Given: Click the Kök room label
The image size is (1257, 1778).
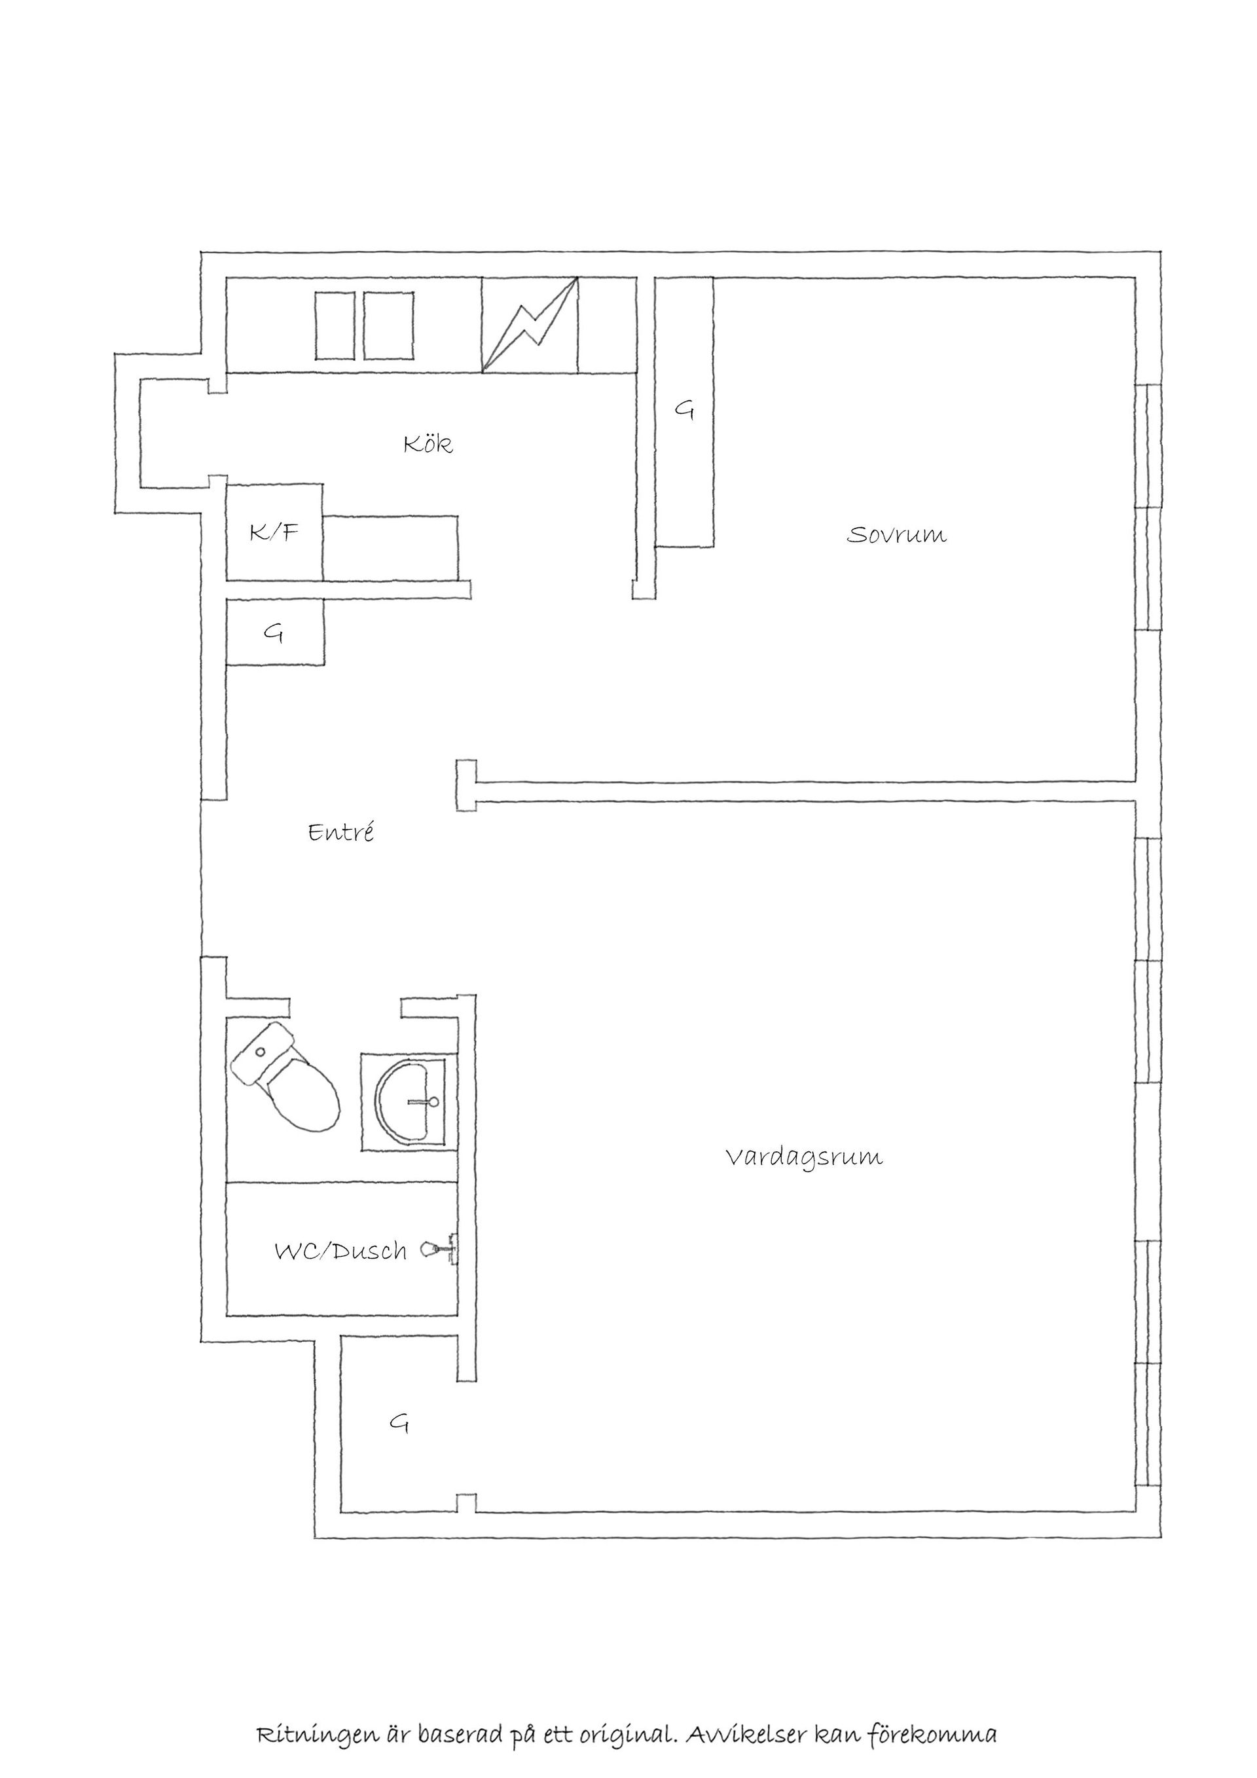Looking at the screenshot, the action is [428, 444].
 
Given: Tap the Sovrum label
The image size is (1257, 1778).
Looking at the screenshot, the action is [896, 534].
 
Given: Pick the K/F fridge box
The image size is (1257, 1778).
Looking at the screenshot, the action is [275, 532].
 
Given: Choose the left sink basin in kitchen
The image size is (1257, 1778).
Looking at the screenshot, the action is [335, 325].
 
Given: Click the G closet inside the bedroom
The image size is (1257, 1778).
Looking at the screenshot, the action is [684, 412].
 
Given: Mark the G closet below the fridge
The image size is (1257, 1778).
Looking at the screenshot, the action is [275, 632].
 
